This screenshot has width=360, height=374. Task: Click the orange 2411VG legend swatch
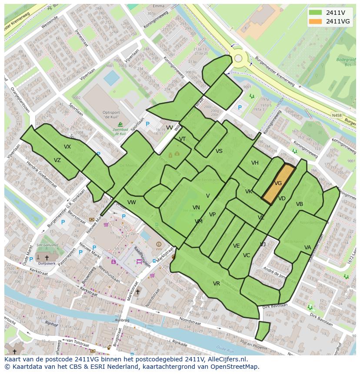point(316,21)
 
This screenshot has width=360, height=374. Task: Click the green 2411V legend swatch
point(316,13)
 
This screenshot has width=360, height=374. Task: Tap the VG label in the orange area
point(278,183)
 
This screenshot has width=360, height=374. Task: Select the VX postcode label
point(67,147)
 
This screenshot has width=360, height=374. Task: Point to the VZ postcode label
point(57,160)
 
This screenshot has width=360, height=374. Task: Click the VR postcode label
point(217,284)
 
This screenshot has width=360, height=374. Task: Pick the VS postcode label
point(219,151)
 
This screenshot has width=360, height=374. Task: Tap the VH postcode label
point(255,163)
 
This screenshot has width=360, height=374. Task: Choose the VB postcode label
point(300,204)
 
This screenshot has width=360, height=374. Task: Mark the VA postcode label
point(308,248)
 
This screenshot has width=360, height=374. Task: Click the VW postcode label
point(132,202)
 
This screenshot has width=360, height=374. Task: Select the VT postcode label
point(183,139)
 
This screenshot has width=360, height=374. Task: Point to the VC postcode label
point(247,255)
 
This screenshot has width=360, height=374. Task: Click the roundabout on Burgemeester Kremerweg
point(238,58)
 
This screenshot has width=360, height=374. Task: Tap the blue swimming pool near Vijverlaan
point(112,78)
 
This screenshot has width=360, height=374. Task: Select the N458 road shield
point(336,115)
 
